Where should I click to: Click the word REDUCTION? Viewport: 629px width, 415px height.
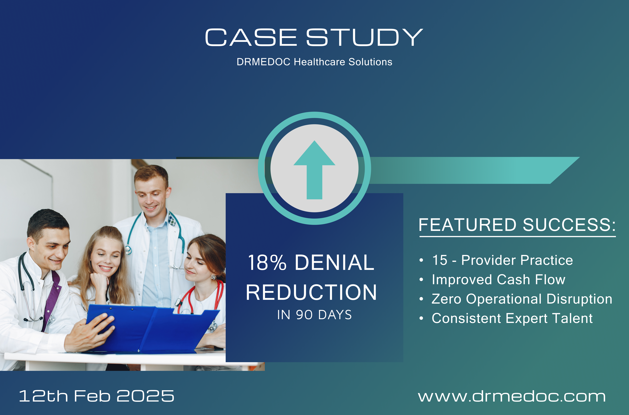[311, 293]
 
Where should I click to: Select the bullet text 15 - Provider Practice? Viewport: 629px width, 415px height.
[502, 260]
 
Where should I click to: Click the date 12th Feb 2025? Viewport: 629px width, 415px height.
[97, 396]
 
